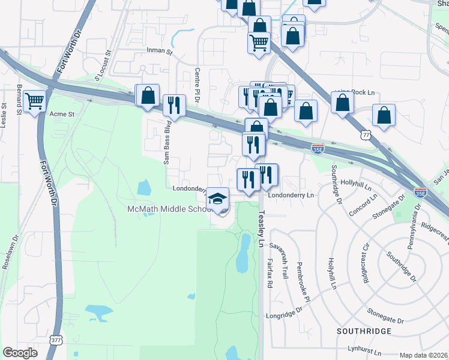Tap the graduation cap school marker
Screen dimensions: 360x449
(218, 199)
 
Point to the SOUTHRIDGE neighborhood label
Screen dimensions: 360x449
(364, 331)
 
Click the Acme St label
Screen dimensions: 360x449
(61, 113)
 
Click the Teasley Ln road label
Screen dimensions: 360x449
(261, 229)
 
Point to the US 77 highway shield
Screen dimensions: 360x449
(366, 136)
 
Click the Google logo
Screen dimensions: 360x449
(20, 353)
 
